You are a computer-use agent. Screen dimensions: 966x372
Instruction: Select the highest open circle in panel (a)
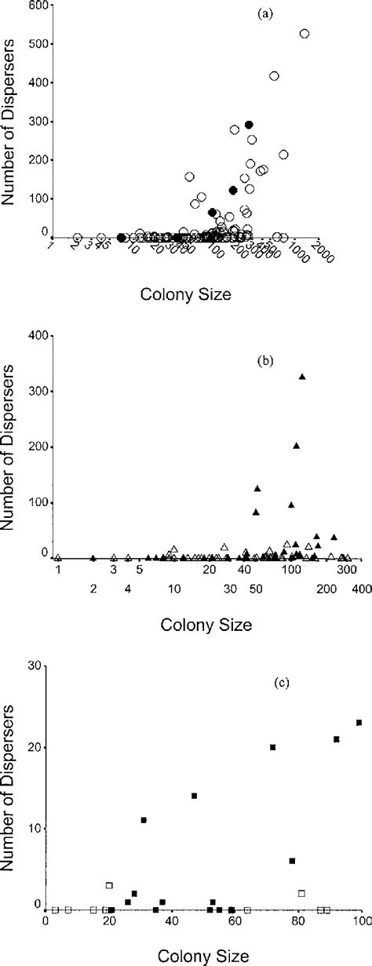[x=305, y=34]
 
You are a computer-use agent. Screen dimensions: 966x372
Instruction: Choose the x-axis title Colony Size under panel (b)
[x=206, y=625]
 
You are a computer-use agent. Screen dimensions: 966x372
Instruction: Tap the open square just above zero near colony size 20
[x=109, y=885]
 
